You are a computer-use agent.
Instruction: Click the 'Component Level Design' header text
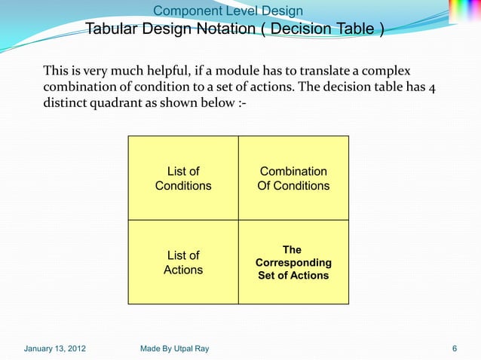[x=228, y=11]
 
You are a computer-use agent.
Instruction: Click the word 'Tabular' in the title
[x=112, y=29]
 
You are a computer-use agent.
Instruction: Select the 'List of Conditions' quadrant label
[x=183, y=178]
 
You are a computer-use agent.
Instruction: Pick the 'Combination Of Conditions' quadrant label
[x=293, y=178]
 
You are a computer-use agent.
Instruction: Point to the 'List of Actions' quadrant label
[x=183, y=263]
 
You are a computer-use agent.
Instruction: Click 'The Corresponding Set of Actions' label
[x=293, y=263]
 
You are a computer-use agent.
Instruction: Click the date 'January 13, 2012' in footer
[x=54, y=349]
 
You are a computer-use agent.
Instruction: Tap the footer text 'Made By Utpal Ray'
[x=175, y=349]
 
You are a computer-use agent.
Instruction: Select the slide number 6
[x=455, y=349]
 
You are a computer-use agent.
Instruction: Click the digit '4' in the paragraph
[x=431, y=87]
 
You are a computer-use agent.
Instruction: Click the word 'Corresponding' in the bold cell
[x=293, y=263]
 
